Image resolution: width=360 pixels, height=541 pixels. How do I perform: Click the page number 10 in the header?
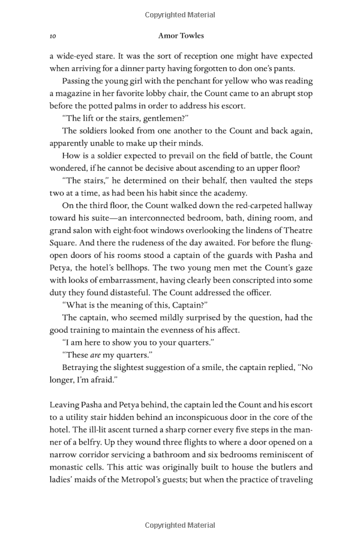[52, 36]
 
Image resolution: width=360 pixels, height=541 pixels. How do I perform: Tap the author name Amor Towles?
[179, 36]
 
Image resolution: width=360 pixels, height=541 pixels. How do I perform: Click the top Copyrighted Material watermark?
[180, 14]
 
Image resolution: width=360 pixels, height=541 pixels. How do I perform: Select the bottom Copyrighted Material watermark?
[180, 525]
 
